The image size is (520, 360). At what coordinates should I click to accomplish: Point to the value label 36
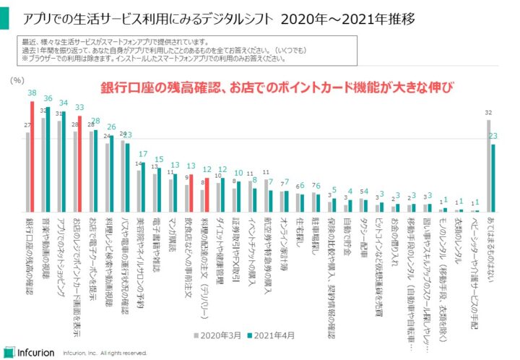[48, 99]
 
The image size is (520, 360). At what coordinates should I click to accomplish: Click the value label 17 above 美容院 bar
[144, 154]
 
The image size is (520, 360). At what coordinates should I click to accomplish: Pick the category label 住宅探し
[299, 230]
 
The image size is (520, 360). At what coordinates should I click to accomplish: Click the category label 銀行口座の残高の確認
[28, 249]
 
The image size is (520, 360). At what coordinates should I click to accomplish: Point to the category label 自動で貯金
[347, 232]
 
